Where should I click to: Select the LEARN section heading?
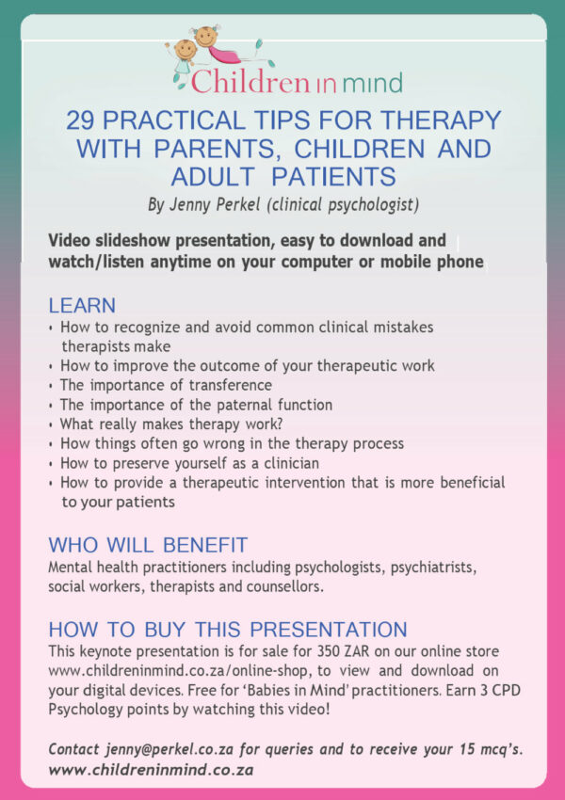pos(82,306)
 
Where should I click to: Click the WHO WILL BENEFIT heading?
pos(148,545)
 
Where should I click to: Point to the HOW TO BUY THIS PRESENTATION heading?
pos(228,629)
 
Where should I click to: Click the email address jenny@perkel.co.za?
pos(170,750)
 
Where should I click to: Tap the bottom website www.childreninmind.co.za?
pos(151,770)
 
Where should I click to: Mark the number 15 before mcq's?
pos(465,749)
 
